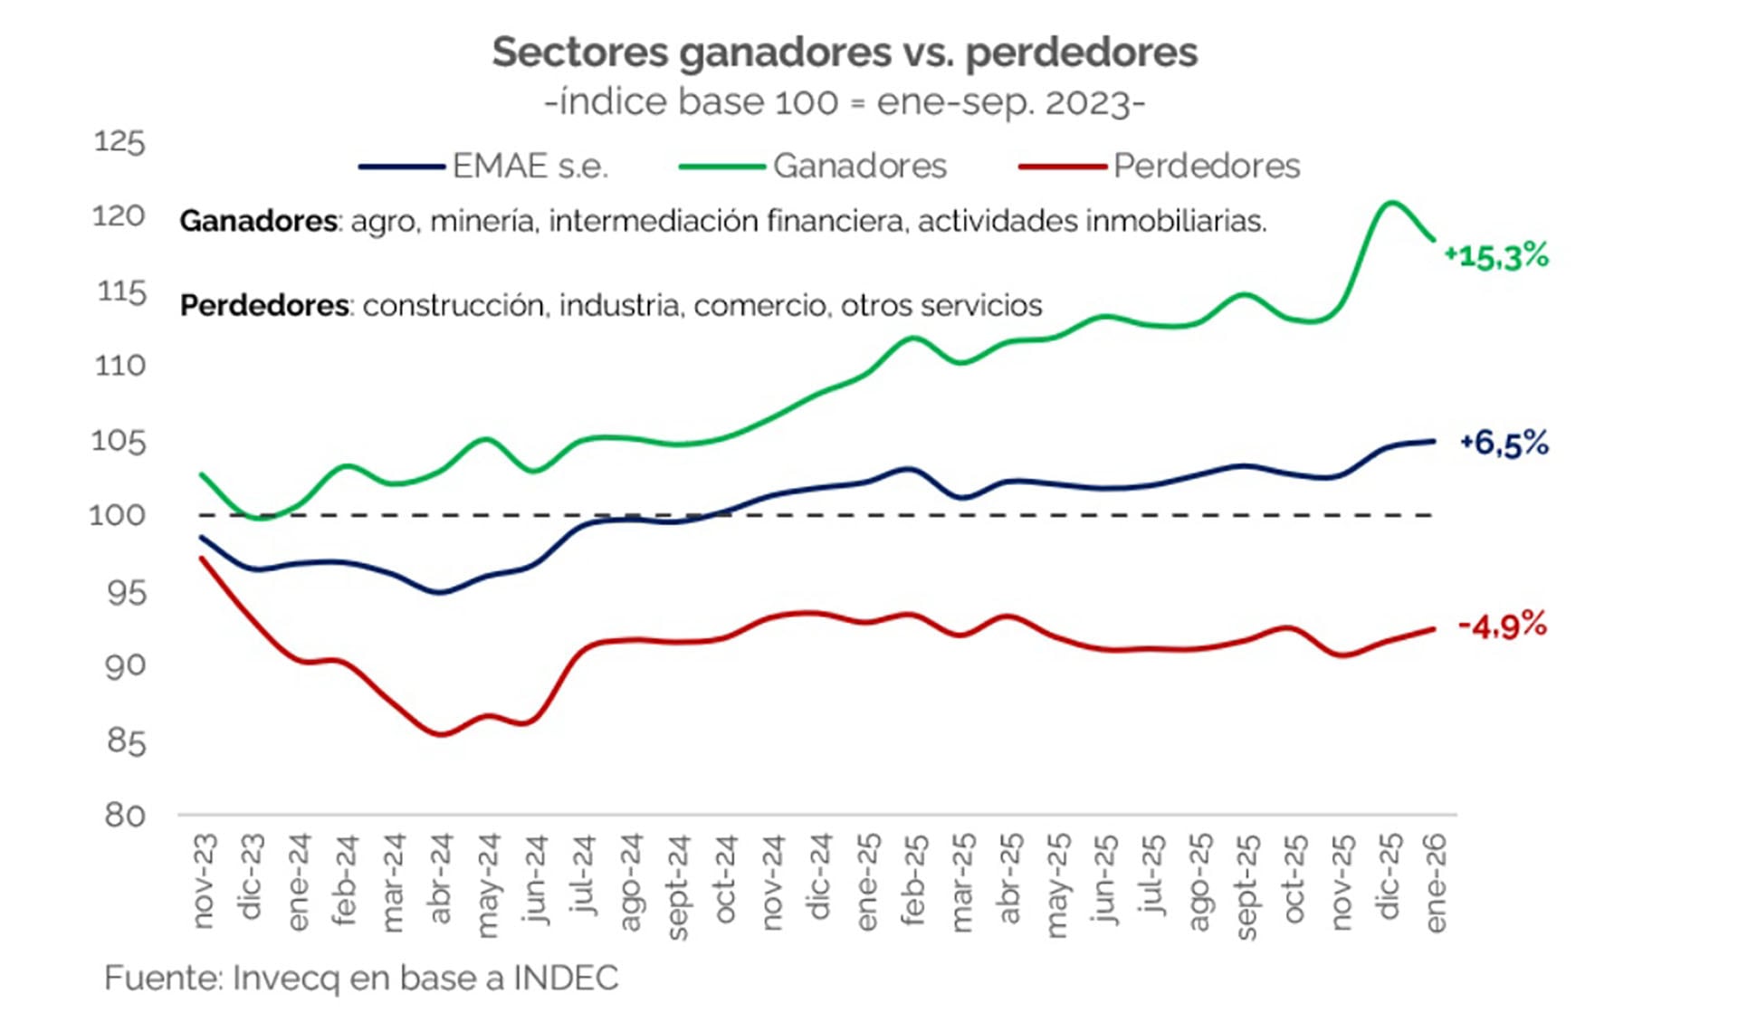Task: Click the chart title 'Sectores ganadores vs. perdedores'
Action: [844, 53]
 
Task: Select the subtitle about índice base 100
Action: [844, 102]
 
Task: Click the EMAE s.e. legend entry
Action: [484, 167]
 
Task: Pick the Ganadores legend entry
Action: [813, 167]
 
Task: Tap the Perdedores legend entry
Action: [1160, 167]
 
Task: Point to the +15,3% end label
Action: [1495, 257]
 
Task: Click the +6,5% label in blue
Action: [1504, 444]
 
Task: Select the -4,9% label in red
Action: [1502, 626]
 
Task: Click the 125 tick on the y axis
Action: [119, 142]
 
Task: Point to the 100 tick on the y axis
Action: [117, 515]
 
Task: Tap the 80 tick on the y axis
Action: [124, 815]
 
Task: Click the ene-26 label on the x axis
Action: [1435, 883]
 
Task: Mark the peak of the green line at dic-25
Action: [1390, 203]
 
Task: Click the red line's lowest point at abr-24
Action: [441, 734]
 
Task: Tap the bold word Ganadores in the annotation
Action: [258, 221]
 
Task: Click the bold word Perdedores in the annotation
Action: [264, 306]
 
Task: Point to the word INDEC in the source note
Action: [566, 979]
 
